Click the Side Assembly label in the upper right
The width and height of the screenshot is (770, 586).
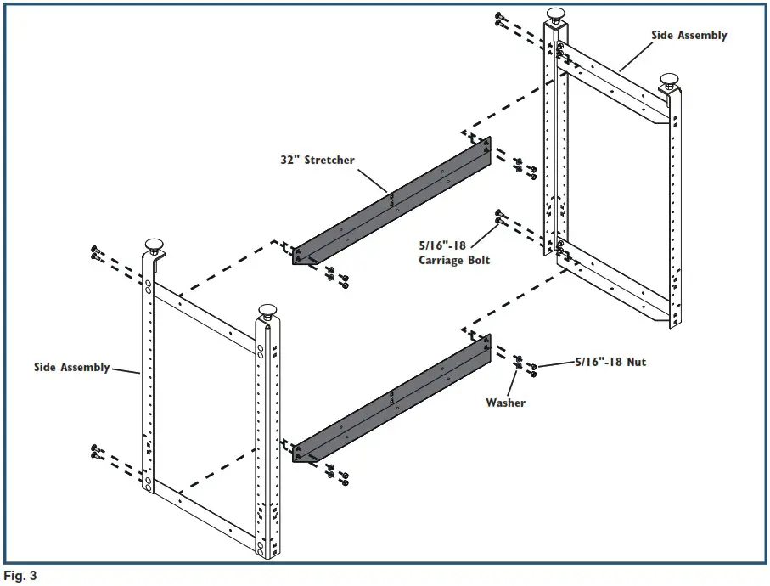coord(689,36)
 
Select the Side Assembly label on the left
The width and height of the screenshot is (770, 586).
coord(71,367)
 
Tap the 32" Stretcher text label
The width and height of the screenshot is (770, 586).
coord(318,159)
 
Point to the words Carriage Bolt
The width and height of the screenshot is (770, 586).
coord(454,260)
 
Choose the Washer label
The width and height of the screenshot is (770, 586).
coord(505,403)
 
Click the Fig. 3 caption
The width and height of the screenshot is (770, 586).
coord(20,576)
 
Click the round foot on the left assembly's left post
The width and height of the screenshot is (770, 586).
coord(155,246)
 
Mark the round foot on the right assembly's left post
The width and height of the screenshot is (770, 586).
coord(556,14)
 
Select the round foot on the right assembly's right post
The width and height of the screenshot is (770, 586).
coord(669,80)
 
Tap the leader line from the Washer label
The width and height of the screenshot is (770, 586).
coord(514,381)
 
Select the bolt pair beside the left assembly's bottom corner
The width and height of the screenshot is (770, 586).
coord(96,452)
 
